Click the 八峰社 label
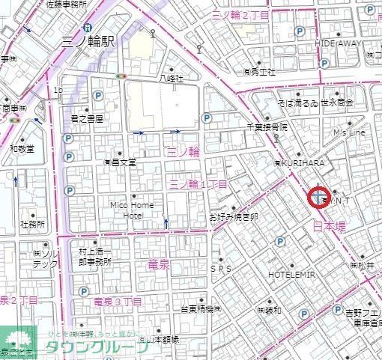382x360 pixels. [172, 77]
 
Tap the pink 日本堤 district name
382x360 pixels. [329, 225]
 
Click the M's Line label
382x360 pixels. [350, 132]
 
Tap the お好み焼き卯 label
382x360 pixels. [234, 217]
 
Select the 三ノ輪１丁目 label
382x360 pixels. [199, 183]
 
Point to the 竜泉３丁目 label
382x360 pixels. [118, 301]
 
